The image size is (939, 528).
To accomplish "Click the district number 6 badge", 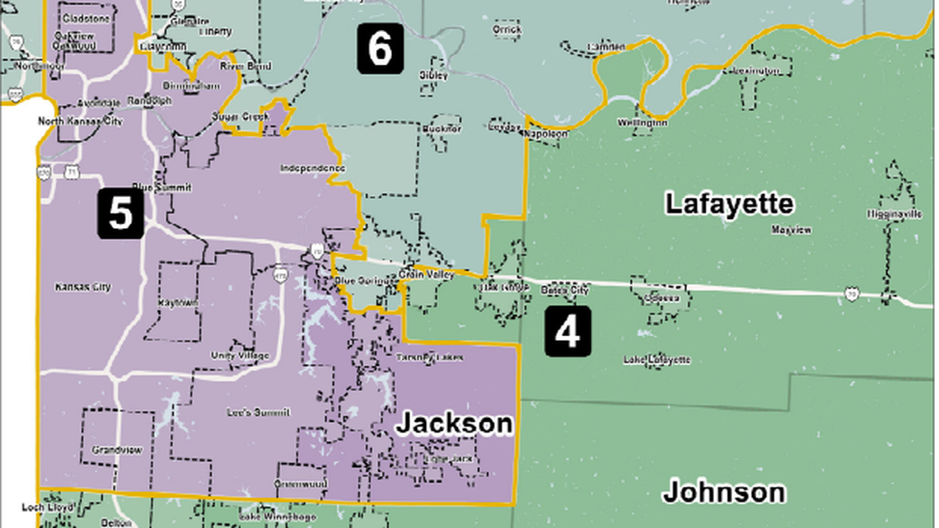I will [x=380, y=49].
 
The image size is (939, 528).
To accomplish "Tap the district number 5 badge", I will [x=120, y=213].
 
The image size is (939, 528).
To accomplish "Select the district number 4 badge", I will [x=568, y=333].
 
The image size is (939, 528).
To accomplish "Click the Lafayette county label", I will [x=729, y=203].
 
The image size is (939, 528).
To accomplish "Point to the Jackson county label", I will [x=454, y=423].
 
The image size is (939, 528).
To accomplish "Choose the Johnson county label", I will [x=723, y=492].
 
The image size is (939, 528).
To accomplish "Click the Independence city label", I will [x=313, y=168].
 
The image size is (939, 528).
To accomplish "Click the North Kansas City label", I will [x=80, y=122].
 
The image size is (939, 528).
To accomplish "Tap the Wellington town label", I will [x=642, y=123].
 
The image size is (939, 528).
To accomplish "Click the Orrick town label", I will [x=507, y=30].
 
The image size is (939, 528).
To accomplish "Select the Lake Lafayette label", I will [x=656, y=360].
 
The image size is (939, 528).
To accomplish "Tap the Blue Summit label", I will [x=161, y=187].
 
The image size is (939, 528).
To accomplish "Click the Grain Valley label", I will [x=426, y=275].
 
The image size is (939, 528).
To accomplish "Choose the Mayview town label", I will [x=791, y=230].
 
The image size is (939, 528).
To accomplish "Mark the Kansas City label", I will [x=82, y=287].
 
